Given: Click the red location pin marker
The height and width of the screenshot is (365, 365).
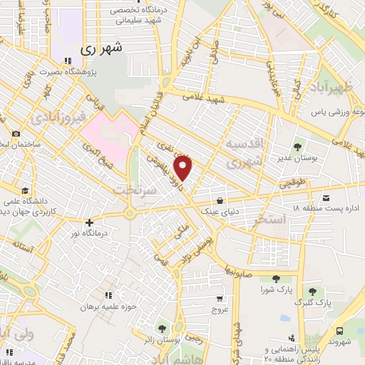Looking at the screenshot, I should point(184,168).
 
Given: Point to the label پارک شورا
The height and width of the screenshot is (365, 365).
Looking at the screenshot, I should point(277,290).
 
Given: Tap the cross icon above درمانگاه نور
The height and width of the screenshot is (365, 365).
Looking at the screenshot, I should point(89,222).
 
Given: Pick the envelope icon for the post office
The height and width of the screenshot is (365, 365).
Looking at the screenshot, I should point(327,197).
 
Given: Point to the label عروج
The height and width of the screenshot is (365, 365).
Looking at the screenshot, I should point(219,309).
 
